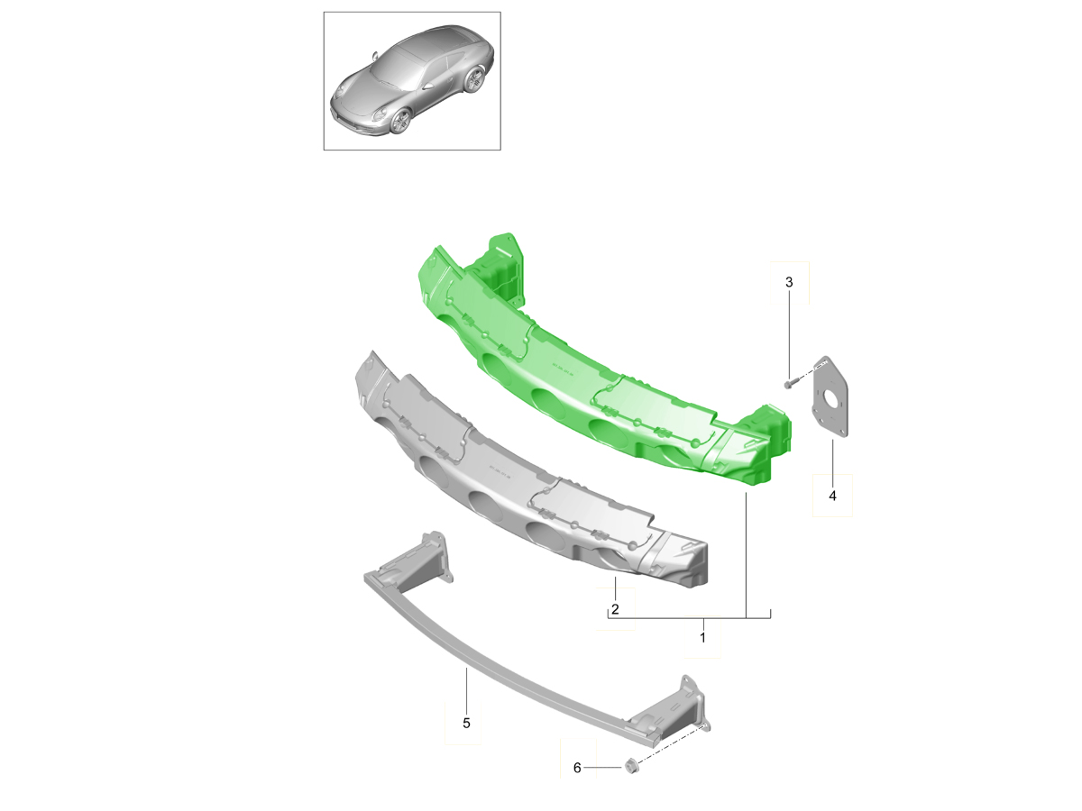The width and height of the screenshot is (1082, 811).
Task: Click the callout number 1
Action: (x=702, y=637)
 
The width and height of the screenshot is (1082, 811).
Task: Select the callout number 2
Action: (x=615, y=610)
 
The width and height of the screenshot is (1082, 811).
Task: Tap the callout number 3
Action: (x=789, y=282)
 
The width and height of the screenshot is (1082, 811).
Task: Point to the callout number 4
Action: (x=832, y=496)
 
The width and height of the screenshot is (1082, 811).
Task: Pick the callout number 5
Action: (x=466, y=723)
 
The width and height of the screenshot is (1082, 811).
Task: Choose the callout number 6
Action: (x=577, y=768)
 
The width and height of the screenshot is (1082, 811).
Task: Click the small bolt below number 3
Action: (x=789, y=384)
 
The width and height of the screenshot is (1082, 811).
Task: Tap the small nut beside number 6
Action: (x=632, y=766)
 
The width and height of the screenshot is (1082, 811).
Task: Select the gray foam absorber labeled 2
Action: (x=523, y=478)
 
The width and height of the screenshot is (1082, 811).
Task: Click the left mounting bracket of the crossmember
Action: (x=419, y=559)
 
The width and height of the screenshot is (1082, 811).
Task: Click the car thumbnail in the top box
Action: (x=411, y=81)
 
